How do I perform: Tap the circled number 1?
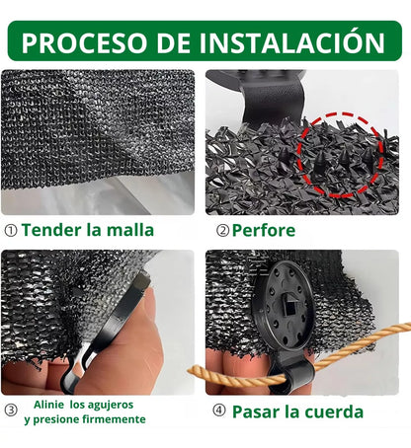pos(11,231)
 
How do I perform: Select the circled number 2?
pos(223,231)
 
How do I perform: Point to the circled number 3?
pos(11,411)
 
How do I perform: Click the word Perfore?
pos(268,231)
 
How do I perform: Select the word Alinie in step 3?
pos(52,404)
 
